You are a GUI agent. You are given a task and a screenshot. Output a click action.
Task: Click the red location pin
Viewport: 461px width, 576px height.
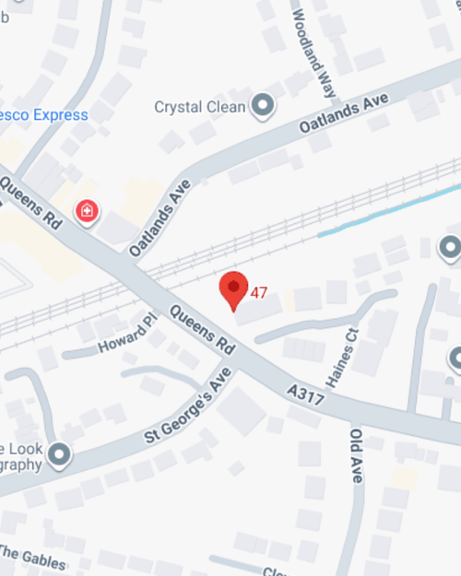pyautogui.click(x=234, y=289)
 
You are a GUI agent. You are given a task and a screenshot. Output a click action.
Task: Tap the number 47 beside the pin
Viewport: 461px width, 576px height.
pyautogui.click(x=259, y=293)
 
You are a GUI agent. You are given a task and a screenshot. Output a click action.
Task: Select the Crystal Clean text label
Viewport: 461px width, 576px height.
pyautogui.click(x=200, y=107)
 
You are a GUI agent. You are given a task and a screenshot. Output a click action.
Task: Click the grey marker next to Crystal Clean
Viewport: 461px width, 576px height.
pyautogui.click(x=264, y=106)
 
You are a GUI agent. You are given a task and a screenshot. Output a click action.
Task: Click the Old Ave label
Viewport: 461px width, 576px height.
pyautogui.click(x=356, y=455)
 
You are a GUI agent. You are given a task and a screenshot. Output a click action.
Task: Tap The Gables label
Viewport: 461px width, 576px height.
pyautogui.click(x=32, y=557)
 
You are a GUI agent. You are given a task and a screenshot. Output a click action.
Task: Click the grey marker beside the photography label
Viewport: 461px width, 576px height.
pyautogui.click(x=60, y=454)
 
